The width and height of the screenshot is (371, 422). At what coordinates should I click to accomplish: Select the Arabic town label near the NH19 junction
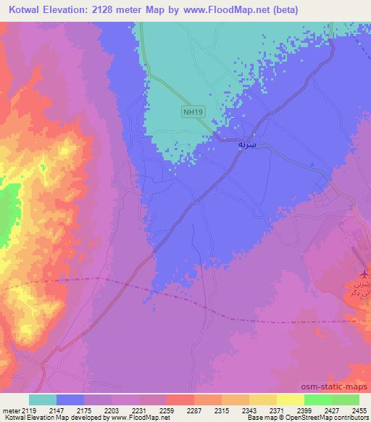(247, 144)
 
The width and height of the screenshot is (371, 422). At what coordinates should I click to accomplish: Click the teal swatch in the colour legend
(43, 400)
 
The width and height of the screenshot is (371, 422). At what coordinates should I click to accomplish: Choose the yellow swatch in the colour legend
(290, 400)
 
